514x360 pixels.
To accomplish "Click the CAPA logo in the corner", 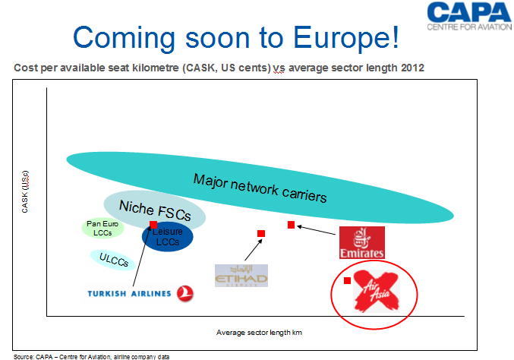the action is [469, 17].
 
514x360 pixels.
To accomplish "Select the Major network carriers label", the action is [260, 188].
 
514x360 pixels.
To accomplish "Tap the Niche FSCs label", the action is [155, 210].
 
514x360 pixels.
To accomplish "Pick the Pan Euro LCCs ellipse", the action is [102, 228].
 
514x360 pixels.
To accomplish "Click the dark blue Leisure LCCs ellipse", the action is [168, 237].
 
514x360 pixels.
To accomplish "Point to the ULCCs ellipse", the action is [113, 260].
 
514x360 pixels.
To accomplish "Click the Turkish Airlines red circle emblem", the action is [185, 293].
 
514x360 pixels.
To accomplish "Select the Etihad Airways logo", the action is [241, 276].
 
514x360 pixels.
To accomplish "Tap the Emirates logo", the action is [362, 242].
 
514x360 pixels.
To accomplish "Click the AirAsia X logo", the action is [377, 291].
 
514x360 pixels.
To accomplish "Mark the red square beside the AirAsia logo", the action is [347, 281].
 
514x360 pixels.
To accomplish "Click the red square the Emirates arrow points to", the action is [291, 225].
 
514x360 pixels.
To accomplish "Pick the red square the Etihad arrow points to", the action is [261, 233].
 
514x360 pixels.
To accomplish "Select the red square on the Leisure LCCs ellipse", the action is [153, 225].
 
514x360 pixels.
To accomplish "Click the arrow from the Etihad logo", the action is [254, 250].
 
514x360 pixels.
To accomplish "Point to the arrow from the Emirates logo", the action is [316, 230].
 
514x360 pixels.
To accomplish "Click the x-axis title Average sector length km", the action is [259, 333].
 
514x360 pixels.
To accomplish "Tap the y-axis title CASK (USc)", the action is [25, 192].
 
